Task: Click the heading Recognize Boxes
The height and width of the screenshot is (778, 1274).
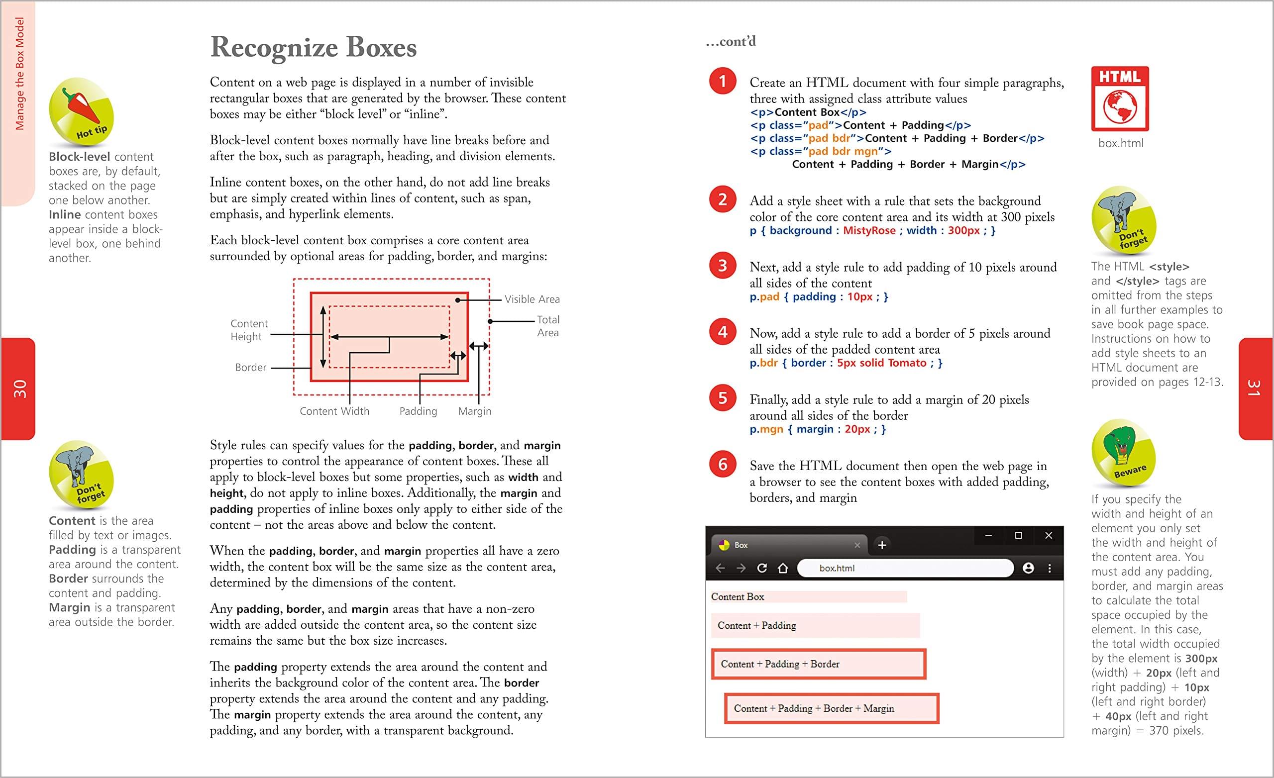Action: point(314,48)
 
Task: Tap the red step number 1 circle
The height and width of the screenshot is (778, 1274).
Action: point(722,81)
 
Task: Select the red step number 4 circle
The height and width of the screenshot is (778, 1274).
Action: point(722,331)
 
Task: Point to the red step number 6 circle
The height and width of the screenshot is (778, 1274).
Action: point(722,464)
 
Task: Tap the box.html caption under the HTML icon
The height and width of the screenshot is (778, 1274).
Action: point(1120,143)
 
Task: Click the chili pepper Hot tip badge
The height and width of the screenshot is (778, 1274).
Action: point(81,111)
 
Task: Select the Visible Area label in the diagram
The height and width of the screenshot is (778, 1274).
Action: point(532,299)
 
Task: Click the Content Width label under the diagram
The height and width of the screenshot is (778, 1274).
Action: point(334,411)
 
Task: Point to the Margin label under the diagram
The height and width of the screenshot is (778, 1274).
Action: point(475,411)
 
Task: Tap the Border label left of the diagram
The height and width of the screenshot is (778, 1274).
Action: point(251,368)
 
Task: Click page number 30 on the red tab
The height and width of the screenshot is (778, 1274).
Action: point(19,389)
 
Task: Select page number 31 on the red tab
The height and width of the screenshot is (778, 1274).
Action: point(1255,388)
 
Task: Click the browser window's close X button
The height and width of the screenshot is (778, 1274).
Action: point(1049,536)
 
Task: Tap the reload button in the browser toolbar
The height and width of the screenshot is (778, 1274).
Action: point(761,568)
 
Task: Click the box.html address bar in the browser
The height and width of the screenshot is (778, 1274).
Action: point(905,568)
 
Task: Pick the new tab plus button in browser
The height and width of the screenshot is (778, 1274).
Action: point(882,545)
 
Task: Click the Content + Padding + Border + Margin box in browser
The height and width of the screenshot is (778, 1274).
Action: point(832,708)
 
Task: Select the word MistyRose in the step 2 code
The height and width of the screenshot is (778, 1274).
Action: point(869,230)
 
